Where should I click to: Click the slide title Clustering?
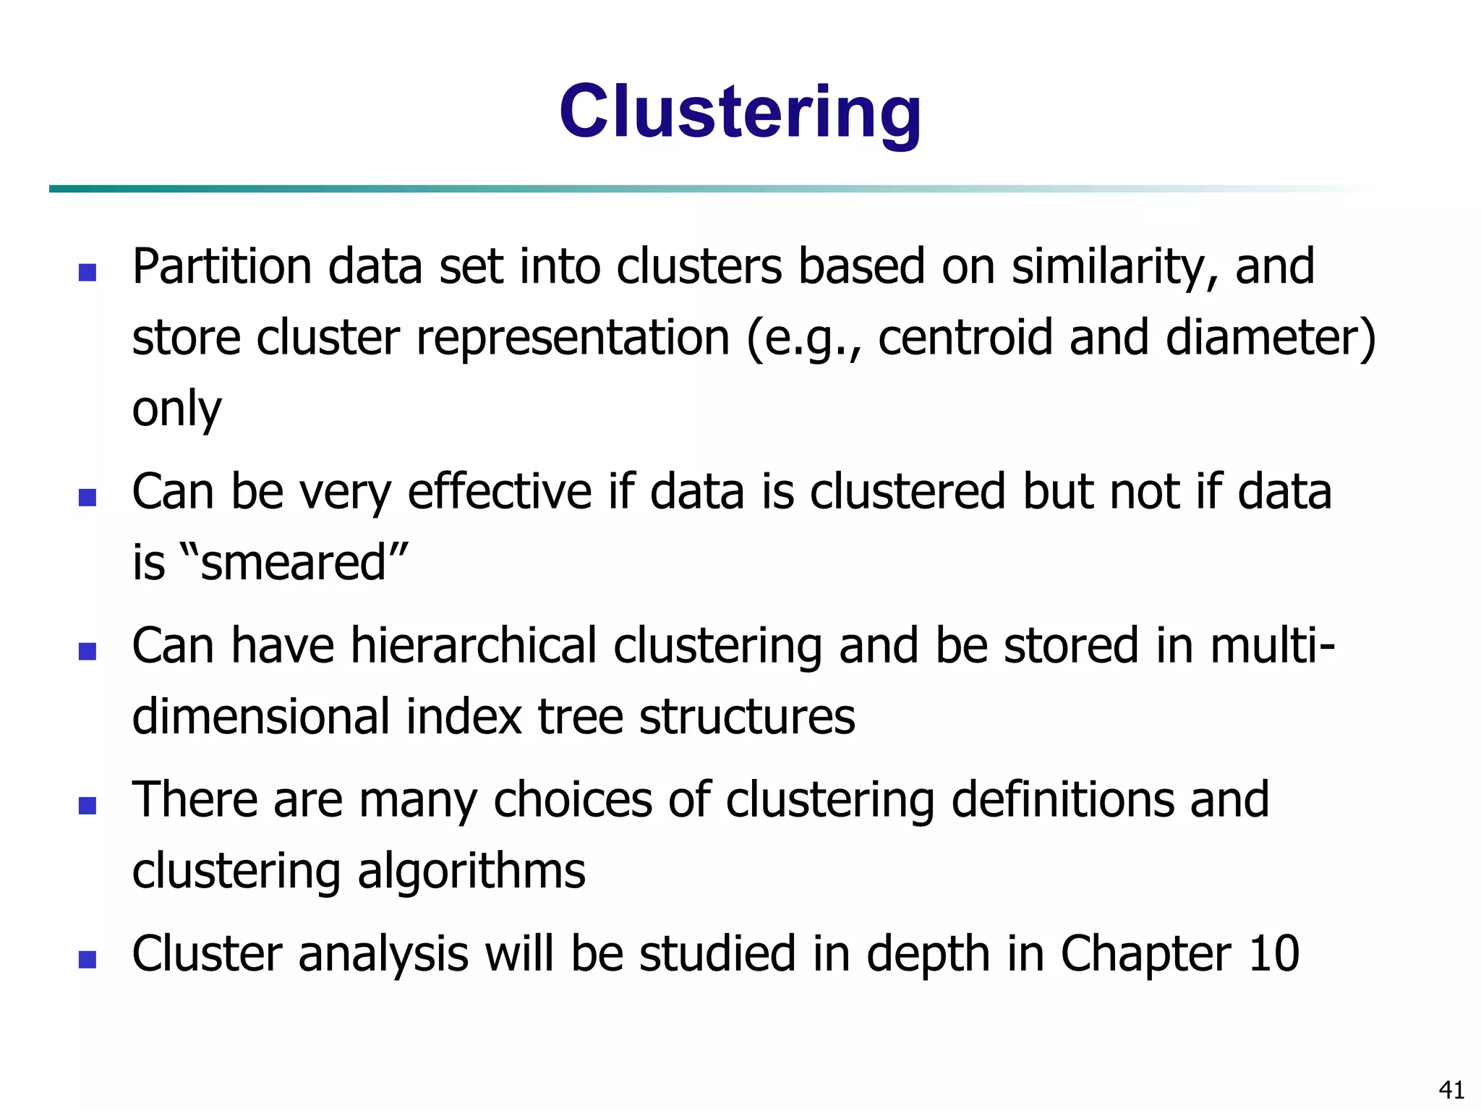tap(740, 112)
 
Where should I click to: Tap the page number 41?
tap(1451, 1089)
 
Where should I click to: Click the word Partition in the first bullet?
tap(222, 267)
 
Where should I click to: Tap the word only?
tap(176, 409)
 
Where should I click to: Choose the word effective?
tap(500, 492)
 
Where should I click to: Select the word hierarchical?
tap(474, 645)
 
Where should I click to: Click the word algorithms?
tap(471, 871)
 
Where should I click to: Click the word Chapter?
tap(1145, 954)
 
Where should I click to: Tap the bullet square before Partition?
tap(88, 273)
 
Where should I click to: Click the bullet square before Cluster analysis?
tap(88, 960)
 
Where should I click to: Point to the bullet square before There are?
tap(88, 806)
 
